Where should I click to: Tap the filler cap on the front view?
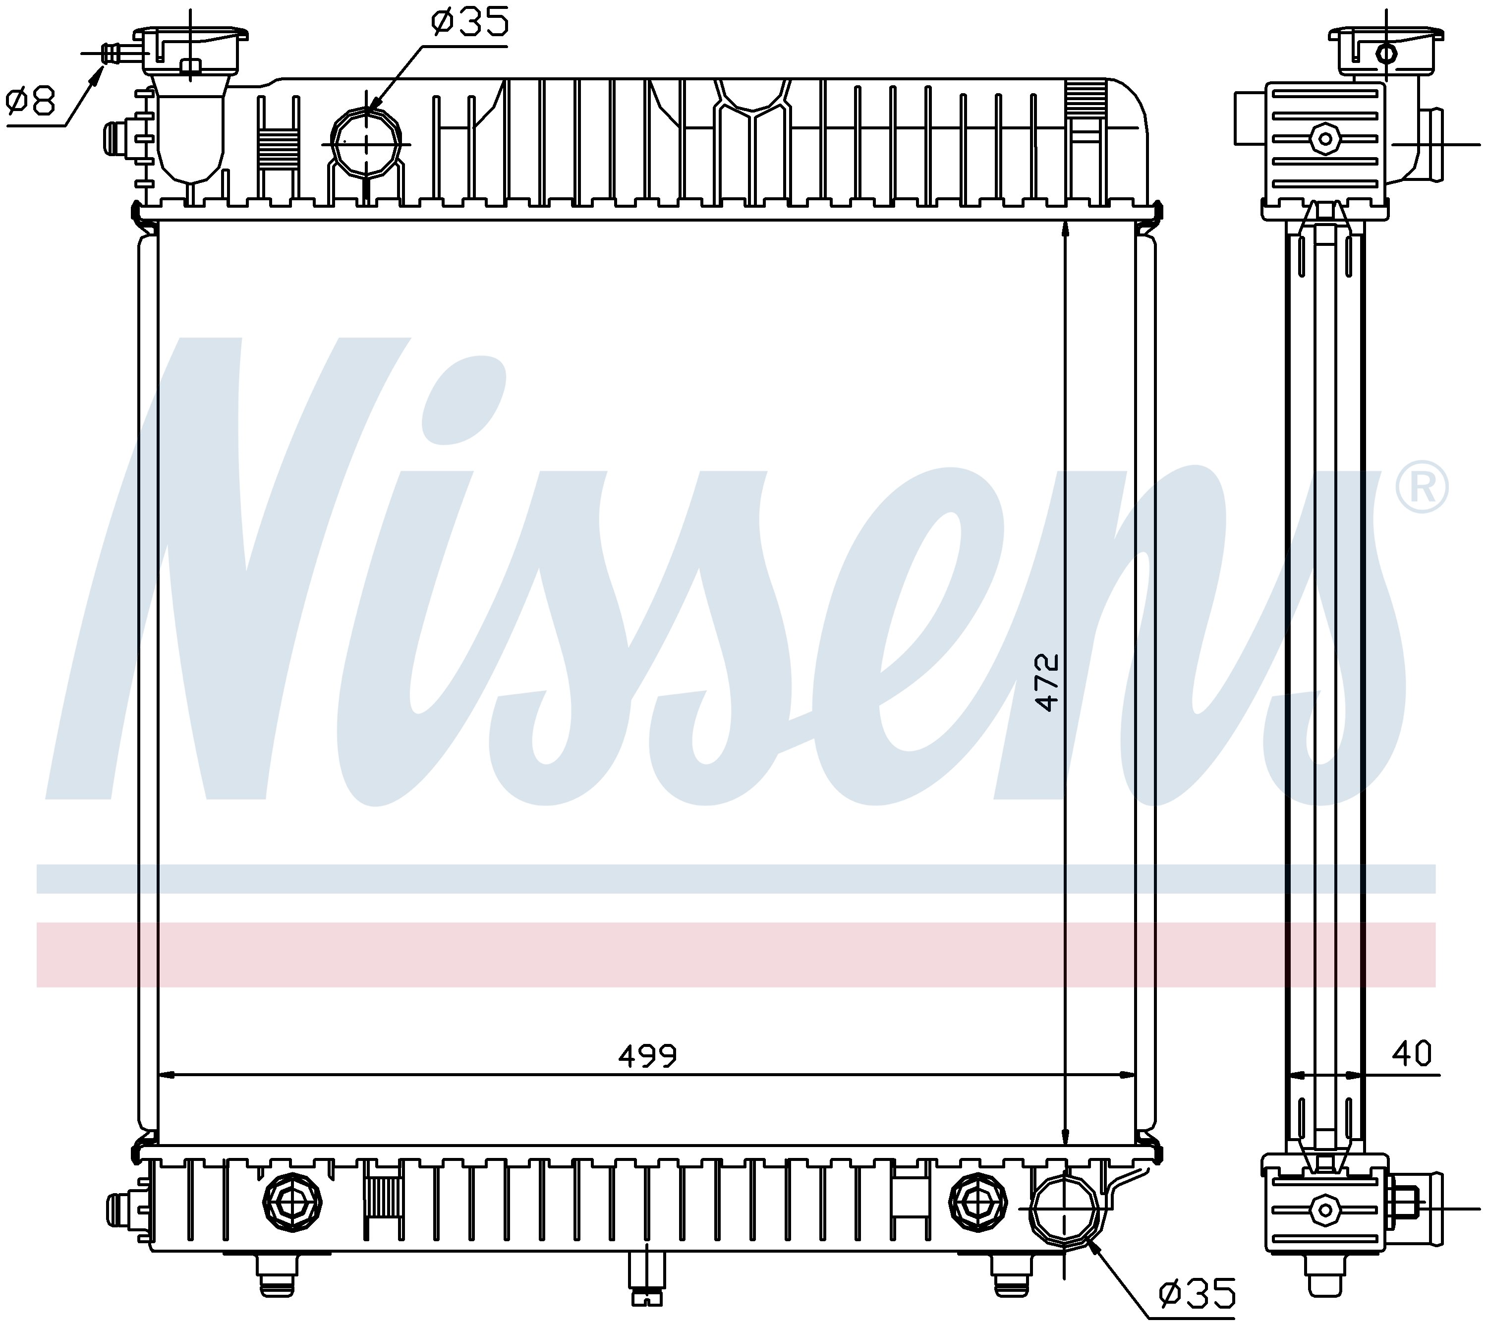190,50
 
